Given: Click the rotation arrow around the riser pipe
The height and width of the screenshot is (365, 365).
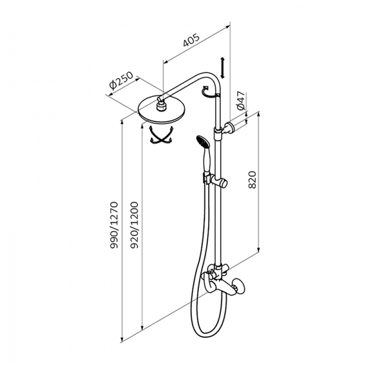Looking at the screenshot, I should (x=209, y=92).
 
